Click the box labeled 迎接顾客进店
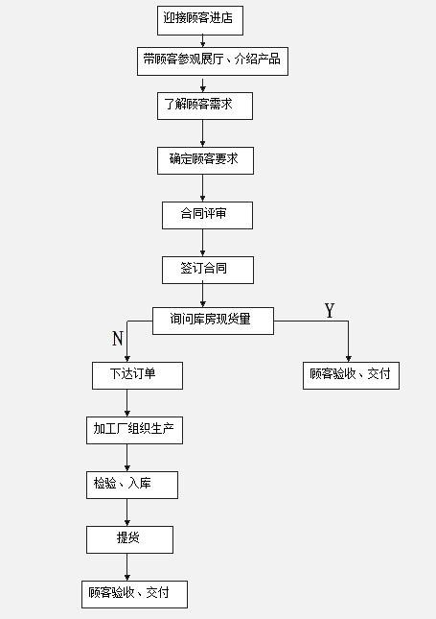point(200,20)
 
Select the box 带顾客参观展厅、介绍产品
point(213,61)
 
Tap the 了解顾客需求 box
point(205,106)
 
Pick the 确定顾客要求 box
point(205,160)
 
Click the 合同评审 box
point(207,215)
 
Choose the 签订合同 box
point(208,270)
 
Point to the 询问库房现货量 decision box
point(213,321)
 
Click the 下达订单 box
point(137,375)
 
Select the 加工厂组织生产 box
point(134,430)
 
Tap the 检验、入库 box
point(132,485)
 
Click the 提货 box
point(129,539)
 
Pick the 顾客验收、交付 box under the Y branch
point(351,375)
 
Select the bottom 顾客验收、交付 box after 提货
point(134,594)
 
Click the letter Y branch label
point(330,311)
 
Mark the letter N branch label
point(118,339)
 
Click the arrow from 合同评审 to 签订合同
point(202,243)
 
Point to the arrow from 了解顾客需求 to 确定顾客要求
point(202,133)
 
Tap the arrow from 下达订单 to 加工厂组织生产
point(126,403)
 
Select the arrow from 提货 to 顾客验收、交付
point(126,567)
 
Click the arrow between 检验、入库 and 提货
point(126,512)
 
